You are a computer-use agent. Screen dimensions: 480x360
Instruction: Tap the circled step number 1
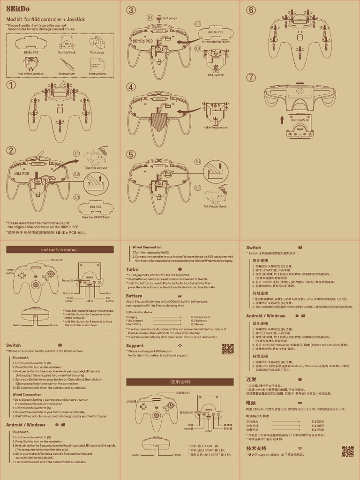click(x=11, y=85)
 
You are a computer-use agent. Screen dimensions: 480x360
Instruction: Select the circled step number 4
click(x=131, y=87)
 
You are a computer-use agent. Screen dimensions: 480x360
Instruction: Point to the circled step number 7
click(x=252, y=77)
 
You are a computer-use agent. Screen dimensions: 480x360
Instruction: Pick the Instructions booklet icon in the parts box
click(x=97, y=65)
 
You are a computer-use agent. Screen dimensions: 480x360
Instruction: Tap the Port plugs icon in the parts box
click(x=97, y=43)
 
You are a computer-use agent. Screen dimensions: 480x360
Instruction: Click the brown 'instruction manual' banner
click(x=60, y=249)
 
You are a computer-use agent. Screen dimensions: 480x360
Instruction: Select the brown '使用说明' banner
click(x=180, y=382)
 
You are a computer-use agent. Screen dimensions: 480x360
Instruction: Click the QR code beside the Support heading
click(x=228, y=349)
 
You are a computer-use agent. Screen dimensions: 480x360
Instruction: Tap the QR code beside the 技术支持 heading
click(x=347, y=451)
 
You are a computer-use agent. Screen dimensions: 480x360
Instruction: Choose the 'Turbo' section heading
click(x=132, y=270)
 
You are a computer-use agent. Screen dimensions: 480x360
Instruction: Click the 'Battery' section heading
click(x=134, y=296)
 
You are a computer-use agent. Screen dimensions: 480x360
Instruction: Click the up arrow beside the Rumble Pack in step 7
click(x=282, y=120)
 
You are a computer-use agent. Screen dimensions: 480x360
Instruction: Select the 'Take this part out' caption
click(x=96, y=167)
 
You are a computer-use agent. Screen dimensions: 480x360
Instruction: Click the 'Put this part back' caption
click(x=215, y=206)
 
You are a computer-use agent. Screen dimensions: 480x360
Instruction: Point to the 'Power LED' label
click(x=57, y=260)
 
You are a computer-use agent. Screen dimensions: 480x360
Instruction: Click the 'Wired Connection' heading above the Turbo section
click(x=147, y=247)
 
